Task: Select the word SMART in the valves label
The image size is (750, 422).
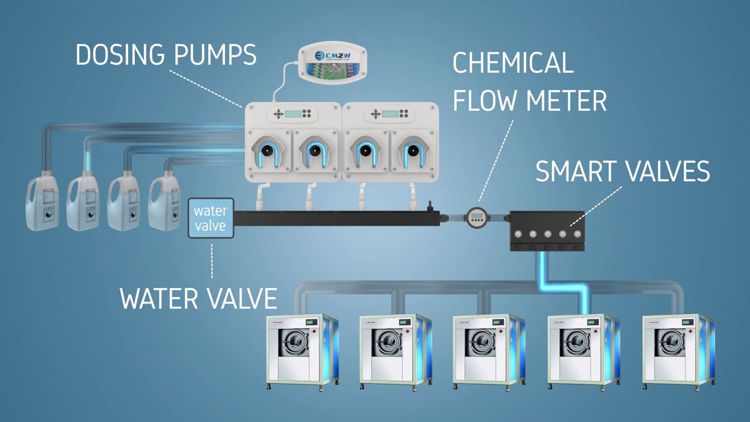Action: coord(577,171)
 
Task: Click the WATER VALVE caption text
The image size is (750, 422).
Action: coord(198,298)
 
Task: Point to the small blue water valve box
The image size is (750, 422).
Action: coord(210,218)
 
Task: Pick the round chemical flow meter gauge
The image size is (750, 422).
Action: coord(476,218)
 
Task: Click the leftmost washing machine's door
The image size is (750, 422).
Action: coord(291,342)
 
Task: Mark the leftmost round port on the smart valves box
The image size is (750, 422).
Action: coord(518,234)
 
